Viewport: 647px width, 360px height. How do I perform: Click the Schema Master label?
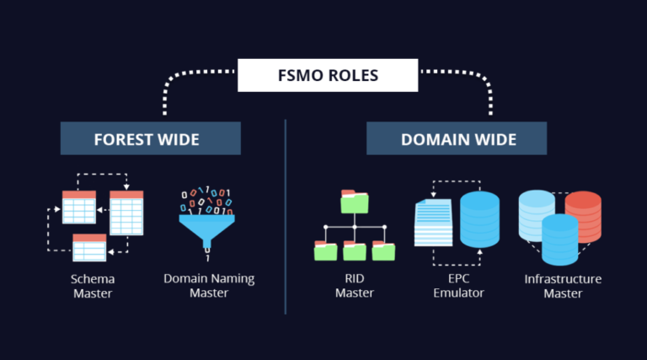click(x=92, y=286)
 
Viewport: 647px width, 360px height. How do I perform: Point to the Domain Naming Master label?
click(x=209, y=286)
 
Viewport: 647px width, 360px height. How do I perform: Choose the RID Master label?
click(x=354, y=286)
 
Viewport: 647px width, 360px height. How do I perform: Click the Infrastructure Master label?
click(x=563, y=286)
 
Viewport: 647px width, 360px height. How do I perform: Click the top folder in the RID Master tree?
click(x=355, y=201)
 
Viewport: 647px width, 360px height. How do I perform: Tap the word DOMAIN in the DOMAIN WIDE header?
click(x=432, y=138)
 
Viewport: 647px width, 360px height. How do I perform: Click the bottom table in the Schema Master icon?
click(x=89, y=247)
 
